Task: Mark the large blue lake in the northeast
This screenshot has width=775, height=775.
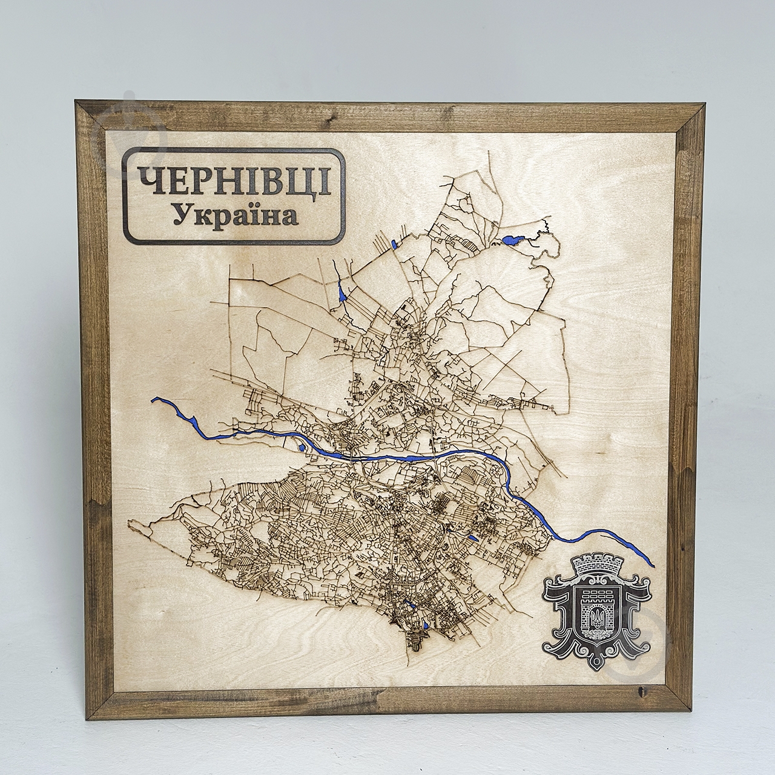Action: pos(513,240)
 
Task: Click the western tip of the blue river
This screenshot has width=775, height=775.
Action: pos(154,400)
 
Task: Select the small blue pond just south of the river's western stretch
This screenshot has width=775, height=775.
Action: pos(301,448)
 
